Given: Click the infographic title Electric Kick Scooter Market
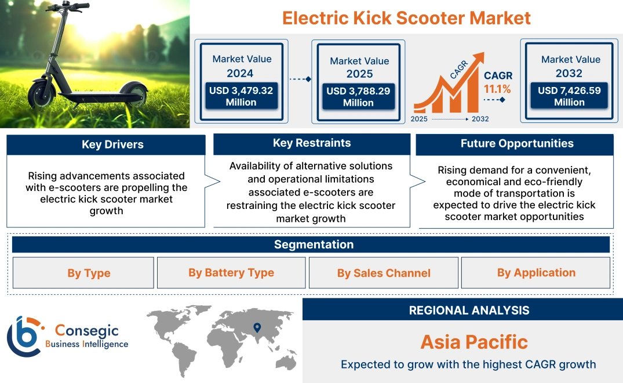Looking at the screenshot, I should (406, 17).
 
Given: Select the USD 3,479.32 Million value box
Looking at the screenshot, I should (241, 96).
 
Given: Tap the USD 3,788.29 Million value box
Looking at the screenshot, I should (358, 96).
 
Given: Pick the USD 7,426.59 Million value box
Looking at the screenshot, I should (569, 96).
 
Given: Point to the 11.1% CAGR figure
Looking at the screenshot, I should (497, 89).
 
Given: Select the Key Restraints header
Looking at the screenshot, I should (312, 143).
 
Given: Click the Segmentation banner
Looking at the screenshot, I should (314, 244).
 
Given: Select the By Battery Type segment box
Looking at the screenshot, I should (231, 273).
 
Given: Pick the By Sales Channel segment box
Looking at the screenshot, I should (384, 273).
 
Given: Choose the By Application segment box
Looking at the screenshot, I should (536, 273).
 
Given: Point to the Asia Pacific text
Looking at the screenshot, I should (474, 341).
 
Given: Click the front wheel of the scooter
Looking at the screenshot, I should (42, 94).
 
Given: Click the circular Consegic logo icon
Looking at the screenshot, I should (23, 337).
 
